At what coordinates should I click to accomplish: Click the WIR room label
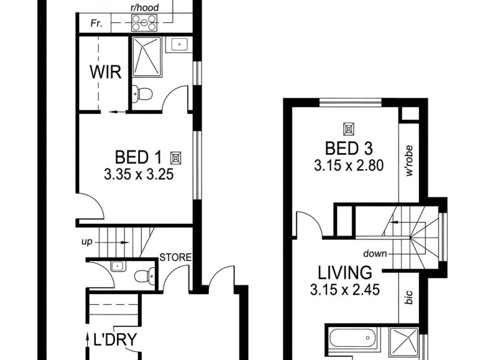click(x=106, y=73)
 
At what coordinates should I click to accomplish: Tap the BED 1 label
click(x=138, y=158)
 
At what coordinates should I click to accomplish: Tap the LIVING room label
click(x=344, y=272)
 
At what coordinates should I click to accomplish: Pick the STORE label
click(x=175, y=258)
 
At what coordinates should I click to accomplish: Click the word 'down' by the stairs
click(x=375, y=253)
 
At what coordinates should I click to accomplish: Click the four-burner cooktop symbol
click(x=143, y=23)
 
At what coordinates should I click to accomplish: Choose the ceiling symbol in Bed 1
click(x=176, y=158)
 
